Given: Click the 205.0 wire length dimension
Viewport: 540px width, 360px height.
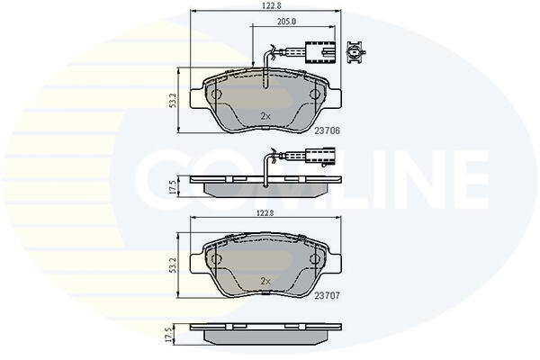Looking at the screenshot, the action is (286, 22).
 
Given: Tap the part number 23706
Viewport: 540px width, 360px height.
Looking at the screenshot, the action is (327, 130).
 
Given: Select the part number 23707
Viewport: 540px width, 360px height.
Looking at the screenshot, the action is (327, 295).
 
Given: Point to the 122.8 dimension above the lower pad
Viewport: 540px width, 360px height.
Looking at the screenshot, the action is (265, 213).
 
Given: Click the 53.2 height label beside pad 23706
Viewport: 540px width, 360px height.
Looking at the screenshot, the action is (173, 100).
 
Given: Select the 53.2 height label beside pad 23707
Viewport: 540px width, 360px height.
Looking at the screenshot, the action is (173, 265).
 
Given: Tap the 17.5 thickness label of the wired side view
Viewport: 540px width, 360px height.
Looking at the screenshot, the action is (173, 186).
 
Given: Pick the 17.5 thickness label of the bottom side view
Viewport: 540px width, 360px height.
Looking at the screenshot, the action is (169, 335).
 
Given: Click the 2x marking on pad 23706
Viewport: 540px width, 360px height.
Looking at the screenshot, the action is (265, 116).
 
